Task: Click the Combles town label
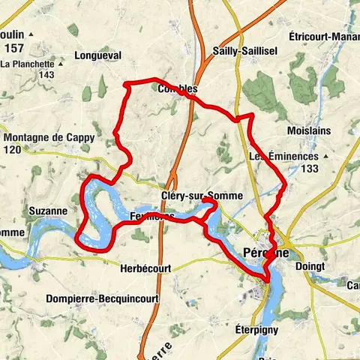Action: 178,88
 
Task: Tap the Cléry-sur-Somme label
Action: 202,196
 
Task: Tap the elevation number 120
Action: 13,150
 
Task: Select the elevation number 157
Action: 13,48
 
